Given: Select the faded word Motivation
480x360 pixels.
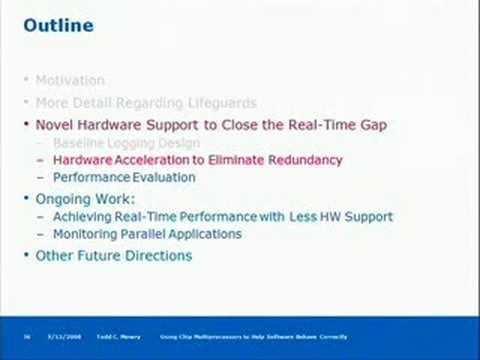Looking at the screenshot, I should point(69,79).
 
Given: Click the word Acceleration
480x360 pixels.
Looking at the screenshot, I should point(164,160).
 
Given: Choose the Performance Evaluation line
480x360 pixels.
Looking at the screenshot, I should point(124,177).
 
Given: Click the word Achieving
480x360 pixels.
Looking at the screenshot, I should point(82,217).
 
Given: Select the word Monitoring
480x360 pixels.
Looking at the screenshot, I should point(86,234).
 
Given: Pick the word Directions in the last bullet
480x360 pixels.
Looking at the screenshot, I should point(160,256).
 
